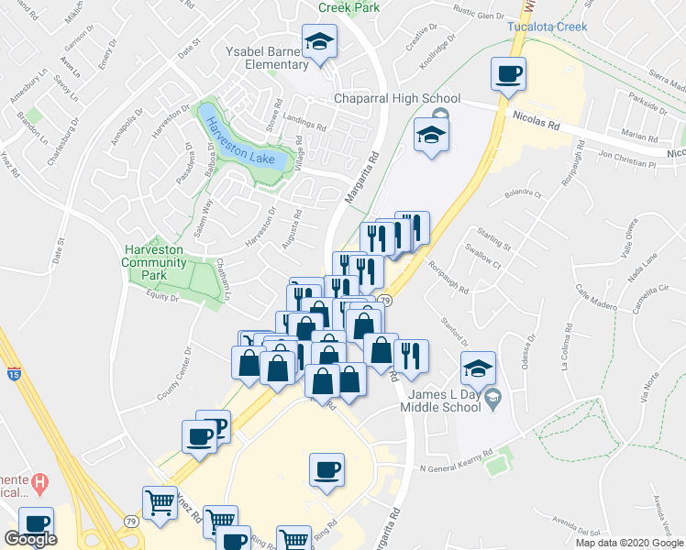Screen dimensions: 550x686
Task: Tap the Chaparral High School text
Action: tap(396, 98)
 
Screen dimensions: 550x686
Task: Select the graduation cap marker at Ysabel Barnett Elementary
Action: tap(320, 42)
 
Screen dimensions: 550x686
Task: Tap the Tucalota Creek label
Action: tap(547, 26)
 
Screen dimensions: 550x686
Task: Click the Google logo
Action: tap(30, 540)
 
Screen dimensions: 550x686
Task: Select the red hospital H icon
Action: tap(39, 481)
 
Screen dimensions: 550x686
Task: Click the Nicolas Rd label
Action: tap(537, 119)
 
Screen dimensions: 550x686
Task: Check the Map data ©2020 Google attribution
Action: tap(629, 543)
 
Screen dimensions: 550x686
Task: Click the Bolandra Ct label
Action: tap(524, 193)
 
